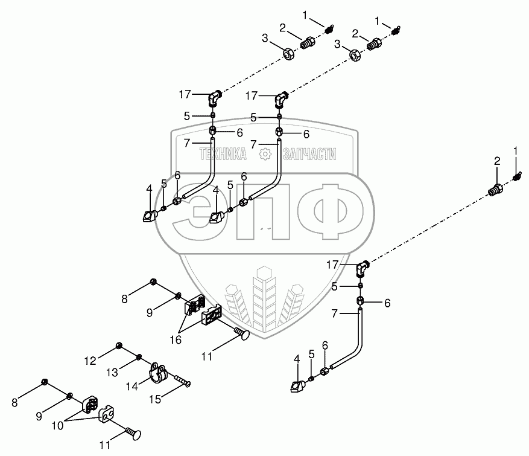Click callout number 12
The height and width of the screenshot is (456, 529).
click(90, 361)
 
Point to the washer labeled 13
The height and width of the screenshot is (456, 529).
click(139, 357)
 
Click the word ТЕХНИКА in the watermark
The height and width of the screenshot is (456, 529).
click(222, 155)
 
